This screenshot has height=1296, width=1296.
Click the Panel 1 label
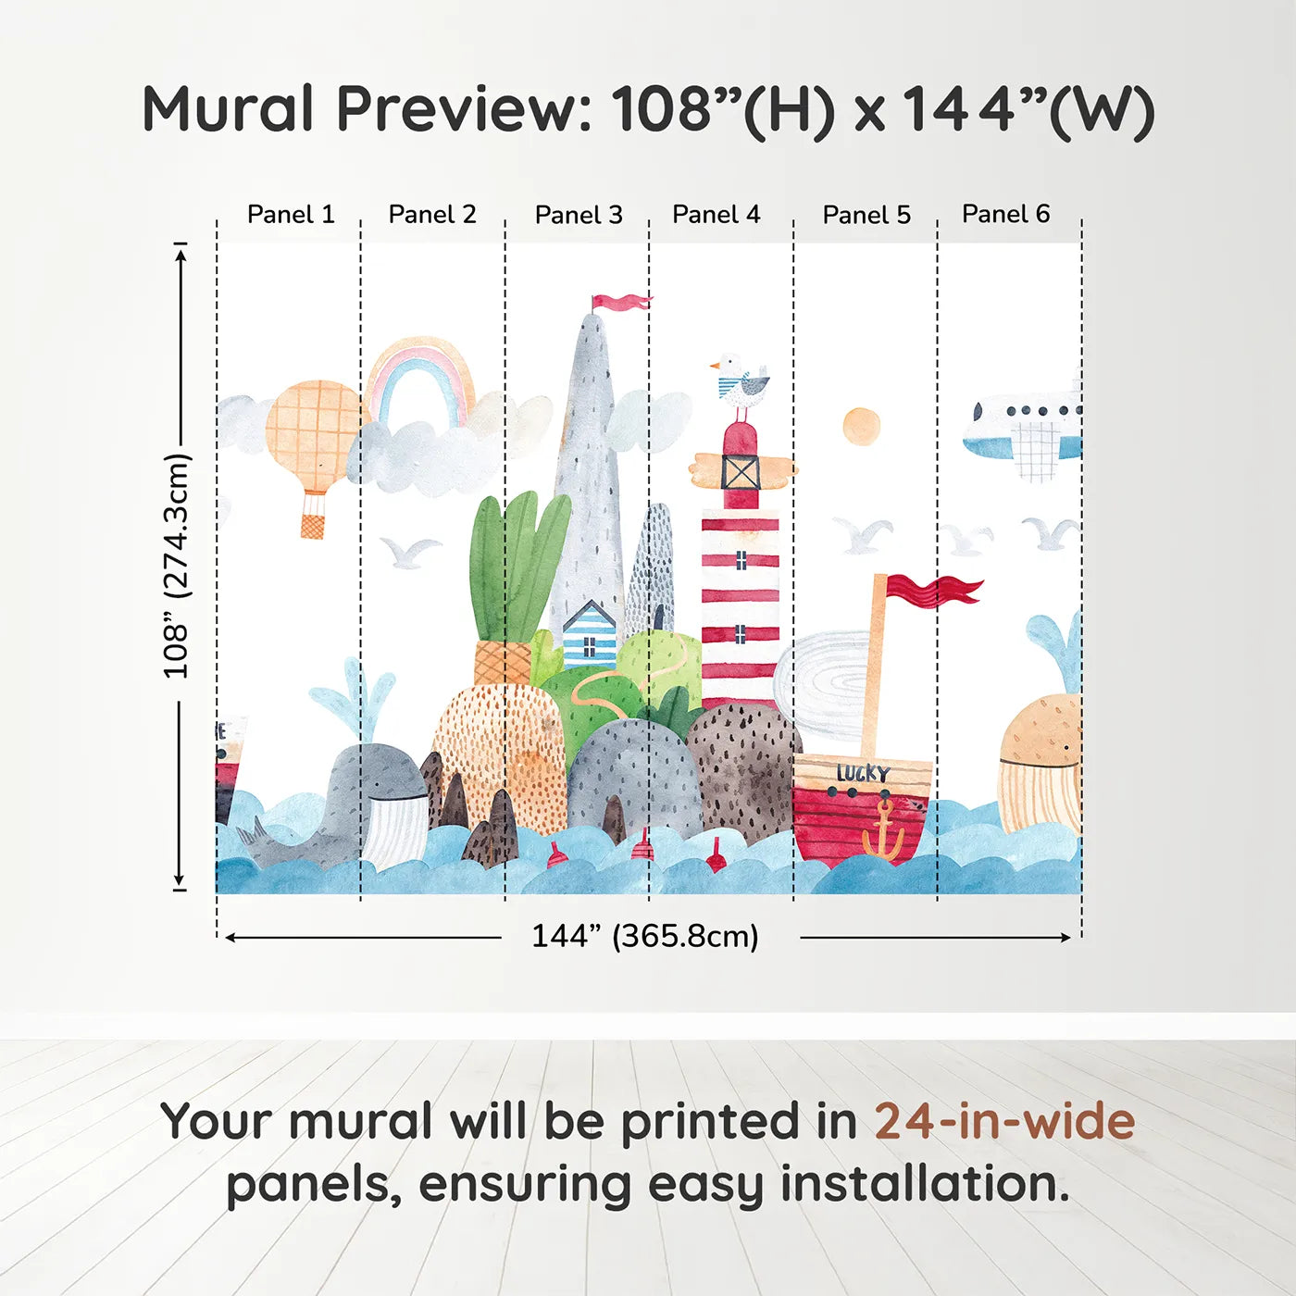point(291,215)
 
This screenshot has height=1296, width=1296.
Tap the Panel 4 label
point(717,215)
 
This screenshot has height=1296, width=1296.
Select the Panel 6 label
point(1005,214)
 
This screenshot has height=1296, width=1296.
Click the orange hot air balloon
point(314,456)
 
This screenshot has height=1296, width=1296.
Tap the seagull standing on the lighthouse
point(740,389)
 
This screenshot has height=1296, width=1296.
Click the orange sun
point(862,427)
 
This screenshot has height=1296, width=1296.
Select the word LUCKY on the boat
point(864,774)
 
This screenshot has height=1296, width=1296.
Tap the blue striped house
point(589,633)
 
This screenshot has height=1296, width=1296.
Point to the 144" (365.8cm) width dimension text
point(645,936)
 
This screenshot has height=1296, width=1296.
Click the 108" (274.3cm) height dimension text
point(178,566)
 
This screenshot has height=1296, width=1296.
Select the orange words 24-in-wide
point(1004,1121)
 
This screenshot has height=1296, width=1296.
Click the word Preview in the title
point(464,109)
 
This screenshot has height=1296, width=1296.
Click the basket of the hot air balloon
point(311,526)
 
